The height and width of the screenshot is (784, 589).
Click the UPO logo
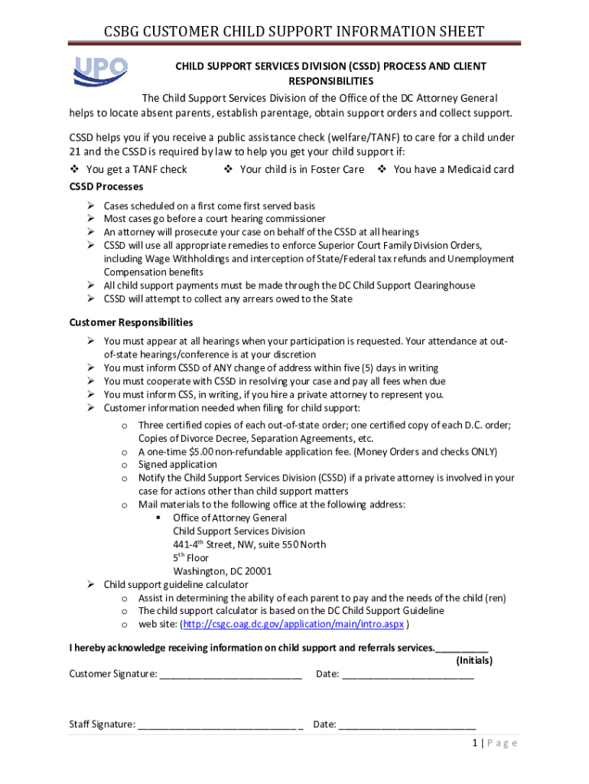pos(100,70)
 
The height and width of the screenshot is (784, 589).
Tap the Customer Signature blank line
pos(231,675)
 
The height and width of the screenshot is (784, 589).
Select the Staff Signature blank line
pos(220,725)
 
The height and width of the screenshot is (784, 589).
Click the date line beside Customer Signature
pos(408,675)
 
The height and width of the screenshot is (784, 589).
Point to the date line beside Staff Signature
pos(407,725)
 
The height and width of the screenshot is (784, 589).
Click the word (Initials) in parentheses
pos(474,660)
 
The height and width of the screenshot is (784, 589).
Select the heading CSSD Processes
pos(106,187)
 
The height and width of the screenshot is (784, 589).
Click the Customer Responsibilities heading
pos(131,322)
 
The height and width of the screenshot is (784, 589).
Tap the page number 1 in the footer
pos(475,743)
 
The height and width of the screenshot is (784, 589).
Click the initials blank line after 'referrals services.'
pos(461,648)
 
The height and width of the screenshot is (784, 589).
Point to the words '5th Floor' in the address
pos(190,557)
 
